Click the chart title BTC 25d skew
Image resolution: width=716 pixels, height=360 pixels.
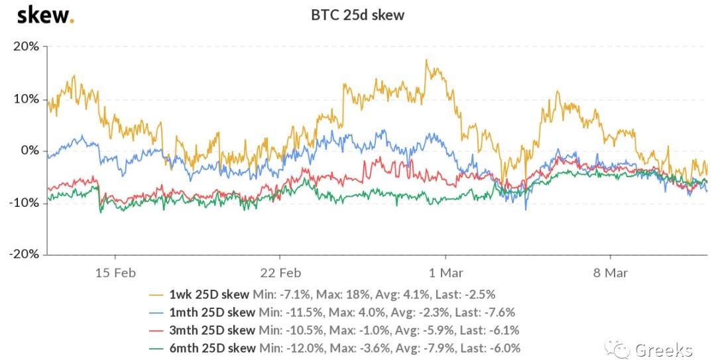coord(357,15)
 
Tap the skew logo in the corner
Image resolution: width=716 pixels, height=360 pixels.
coord(44,15)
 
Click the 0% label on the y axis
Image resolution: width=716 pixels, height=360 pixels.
coord(30,150)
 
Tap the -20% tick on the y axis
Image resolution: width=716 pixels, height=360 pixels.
coord(24,255)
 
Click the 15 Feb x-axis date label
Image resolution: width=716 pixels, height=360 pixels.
coord(115,273)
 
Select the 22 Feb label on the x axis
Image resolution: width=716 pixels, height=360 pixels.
coord(280,273)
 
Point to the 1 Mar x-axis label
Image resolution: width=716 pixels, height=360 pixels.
coord(446,273)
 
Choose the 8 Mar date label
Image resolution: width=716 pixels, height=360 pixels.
coord(610,273)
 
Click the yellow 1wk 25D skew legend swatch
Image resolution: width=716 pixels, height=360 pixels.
coord(156,294)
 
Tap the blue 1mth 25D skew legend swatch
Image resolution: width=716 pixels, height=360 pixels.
coord(156,312)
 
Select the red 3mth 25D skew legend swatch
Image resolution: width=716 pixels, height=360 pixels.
coord(156,330)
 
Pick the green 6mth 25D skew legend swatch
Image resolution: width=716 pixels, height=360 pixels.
coord(156,348)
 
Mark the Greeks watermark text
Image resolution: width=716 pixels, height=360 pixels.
coord(664,349)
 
